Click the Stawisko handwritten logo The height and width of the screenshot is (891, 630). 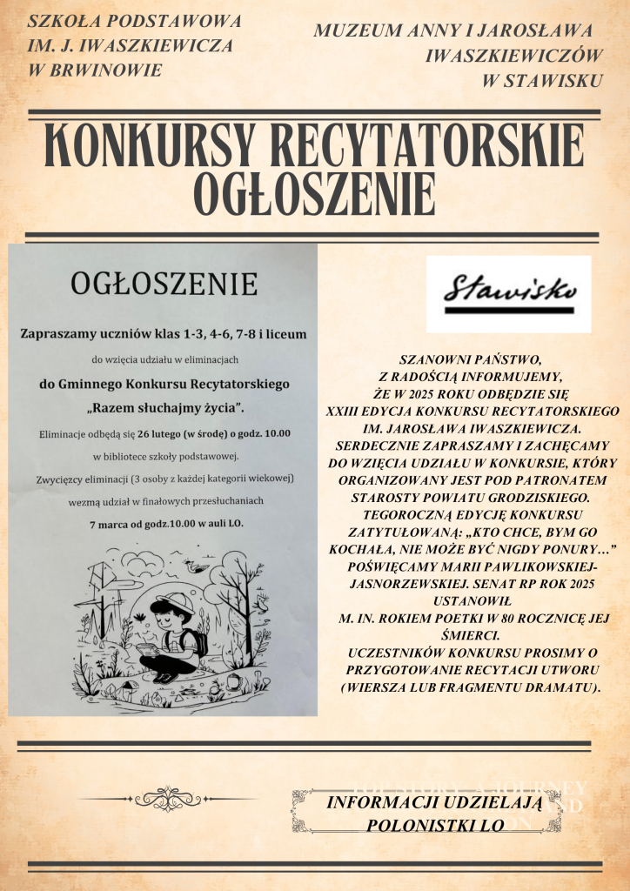509,292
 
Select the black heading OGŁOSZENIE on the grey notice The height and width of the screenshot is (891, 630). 163,285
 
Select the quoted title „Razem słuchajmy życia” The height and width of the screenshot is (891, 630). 164,407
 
